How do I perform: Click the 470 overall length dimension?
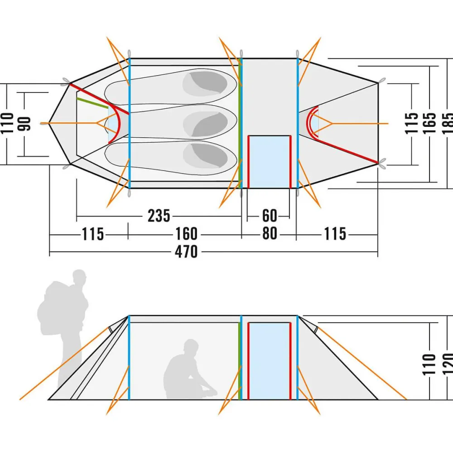[x=186, y=251]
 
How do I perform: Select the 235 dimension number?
[x=159, y=216]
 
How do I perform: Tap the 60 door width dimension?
[x=269, y=216]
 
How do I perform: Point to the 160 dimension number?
[x=186, y=234]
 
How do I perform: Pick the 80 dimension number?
[x=269, y=234]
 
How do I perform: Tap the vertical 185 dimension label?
[x=447, y=123]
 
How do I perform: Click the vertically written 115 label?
[x=412, y=123]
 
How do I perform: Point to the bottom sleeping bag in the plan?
[x=172, y=156]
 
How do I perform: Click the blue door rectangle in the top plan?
[x=270, y=162]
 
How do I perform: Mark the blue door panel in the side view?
[x=270, y=361]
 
